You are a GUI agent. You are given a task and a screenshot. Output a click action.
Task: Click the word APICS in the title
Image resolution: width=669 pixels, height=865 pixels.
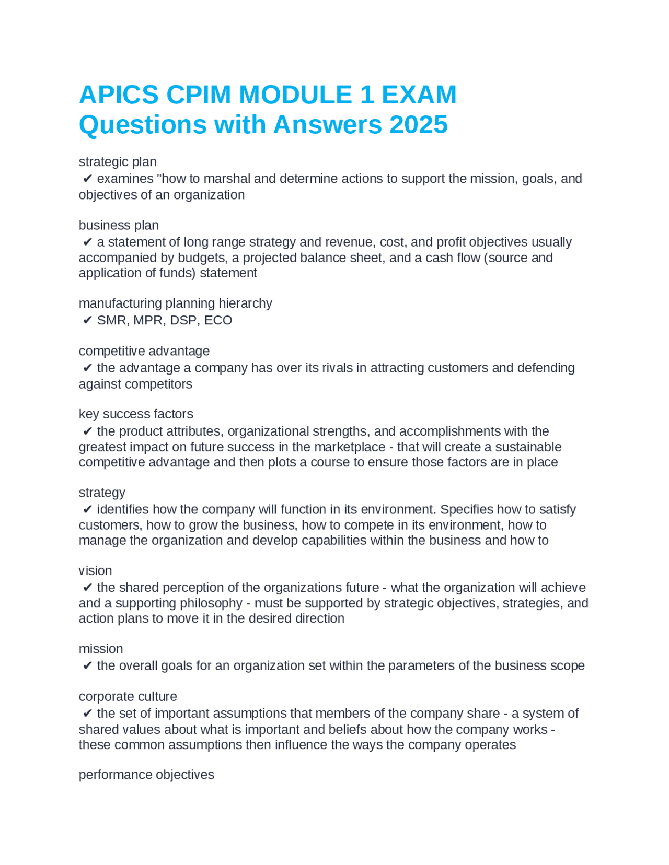tap(119, 95)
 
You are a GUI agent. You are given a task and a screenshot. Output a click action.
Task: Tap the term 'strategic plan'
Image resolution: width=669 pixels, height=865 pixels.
tap(118, 162)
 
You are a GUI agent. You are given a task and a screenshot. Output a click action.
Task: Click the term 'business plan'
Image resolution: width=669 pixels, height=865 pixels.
tap(119, 225)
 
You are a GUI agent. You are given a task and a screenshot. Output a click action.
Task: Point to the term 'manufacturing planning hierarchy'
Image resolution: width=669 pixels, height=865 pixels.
tap(175, 303)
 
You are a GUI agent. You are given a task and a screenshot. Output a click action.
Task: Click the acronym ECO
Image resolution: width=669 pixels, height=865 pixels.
tap(218, 320)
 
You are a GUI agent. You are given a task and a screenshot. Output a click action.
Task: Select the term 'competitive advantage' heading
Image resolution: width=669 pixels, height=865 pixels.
tap(144, 351)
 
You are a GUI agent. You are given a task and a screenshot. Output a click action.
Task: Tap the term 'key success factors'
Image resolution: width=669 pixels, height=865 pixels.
tap(136, 414)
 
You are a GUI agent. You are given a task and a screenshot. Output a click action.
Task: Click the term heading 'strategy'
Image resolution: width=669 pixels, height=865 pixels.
tap(102, 493)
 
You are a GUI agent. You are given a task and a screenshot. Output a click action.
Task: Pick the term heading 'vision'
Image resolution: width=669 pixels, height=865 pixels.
tap(95, 570)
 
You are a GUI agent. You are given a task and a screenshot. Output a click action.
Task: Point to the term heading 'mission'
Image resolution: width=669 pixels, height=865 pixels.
tap(101, 649)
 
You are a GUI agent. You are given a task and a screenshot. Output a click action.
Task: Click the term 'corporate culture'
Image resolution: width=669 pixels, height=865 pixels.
tap(128, 696)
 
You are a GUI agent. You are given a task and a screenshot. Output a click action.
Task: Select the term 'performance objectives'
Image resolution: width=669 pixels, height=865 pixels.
tap(146, 775)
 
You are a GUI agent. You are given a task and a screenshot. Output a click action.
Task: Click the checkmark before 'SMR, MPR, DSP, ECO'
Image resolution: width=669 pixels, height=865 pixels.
tap(88, 320)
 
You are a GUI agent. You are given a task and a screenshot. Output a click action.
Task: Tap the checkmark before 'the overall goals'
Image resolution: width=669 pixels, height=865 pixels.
tap(88, 666)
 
